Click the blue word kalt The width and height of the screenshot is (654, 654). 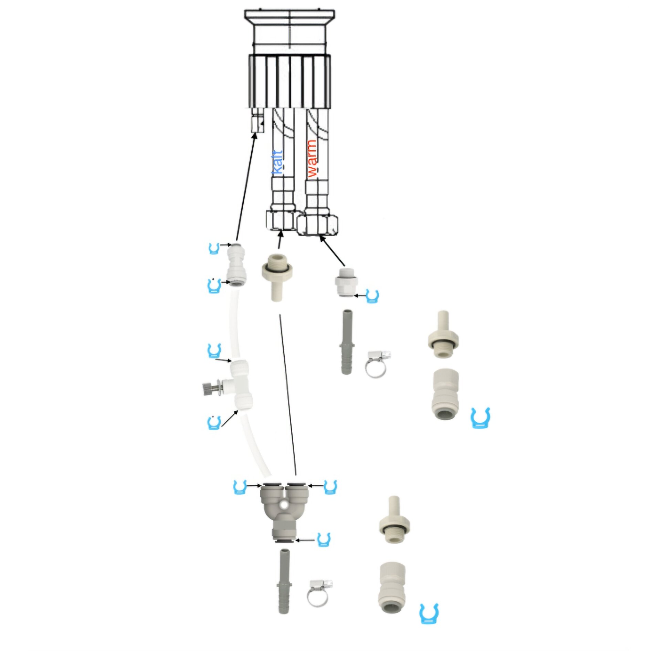tap(277, 162)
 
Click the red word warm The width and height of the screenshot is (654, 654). tap(312, 159)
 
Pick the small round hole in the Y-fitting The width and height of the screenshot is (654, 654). tap(284, 505)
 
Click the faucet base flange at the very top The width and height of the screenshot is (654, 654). tap(289, 16)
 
